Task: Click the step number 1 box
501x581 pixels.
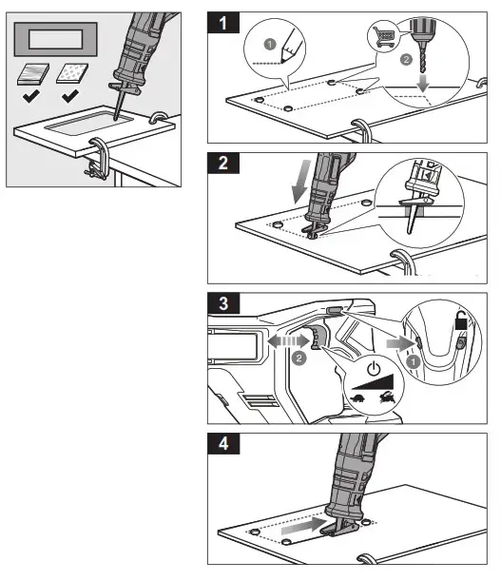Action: [x=224, y=24]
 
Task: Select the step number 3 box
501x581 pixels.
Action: [x=224, y=306]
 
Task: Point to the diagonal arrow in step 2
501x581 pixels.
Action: [x=299, y=184]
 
